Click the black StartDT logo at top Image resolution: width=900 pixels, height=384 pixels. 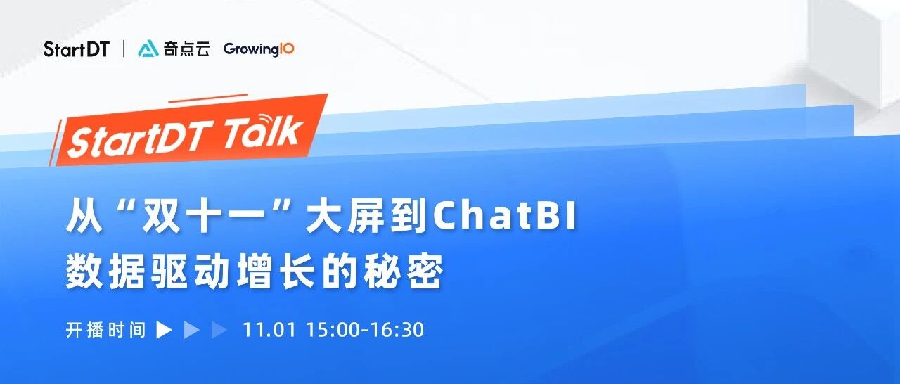[x=77, y=49]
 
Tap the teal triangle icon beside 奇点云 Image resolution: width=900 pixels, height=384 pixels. [x=148, y=49]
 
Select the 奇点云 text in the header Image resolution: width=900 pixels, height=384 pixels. [x=186, y=49]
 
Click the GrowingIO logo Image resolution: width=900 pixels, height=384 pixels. [x=259, y=49]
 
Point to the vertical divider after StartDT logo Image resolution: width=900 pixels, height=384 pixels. [x=123, y=49]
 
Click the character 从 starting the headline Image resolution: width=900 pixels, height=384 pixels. [x=84, y=217]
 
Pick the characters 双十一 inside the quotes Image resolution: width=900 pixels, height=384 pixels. [x=203, y=217]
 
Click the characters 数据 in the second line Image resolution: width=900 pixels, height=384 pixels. [x=105, y=271]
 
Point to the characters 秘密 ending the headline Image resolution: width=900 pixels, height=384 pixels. [x=404, y=271]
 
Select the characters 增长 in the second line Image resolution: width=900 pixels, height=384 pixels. [x=275, y=271]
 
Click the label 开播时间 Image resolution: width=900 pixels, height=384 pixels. [x=105, y=330]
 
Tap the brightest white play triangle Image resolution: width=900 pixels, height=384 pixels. [x=164, y=330]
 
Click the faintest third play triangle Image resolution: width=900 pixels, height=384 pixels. [x=219, y=330]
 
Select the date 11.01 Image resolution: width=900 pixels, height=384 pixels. [x=269, y=330]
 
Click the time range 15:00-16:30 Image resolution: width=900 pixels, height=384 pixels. [x=365, y=330]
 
